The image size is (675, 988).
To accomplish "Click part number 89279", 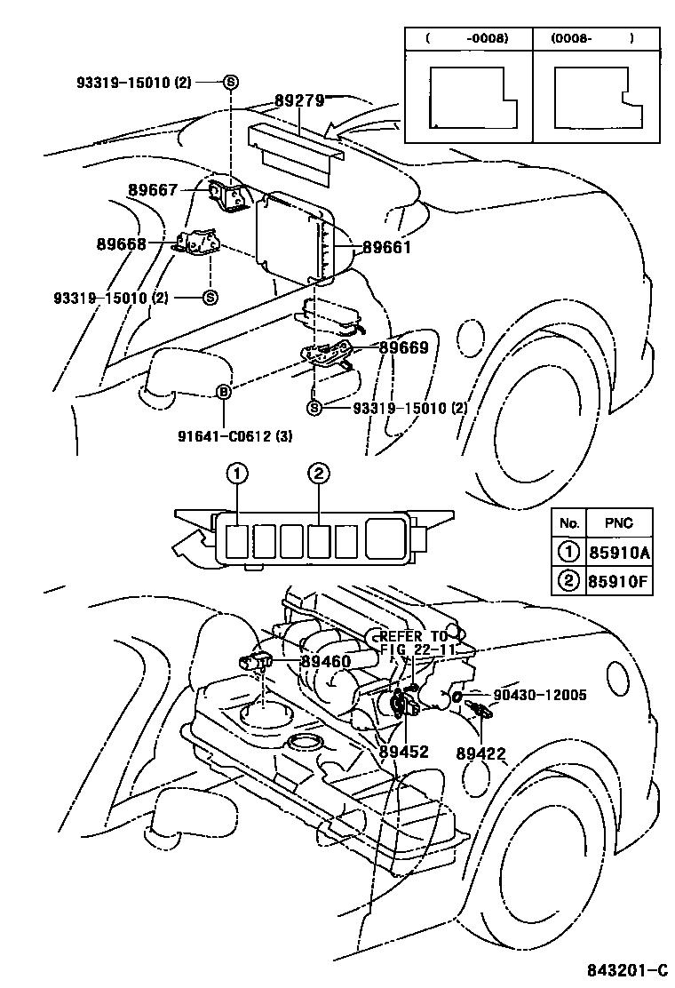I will click(x=298, y=101).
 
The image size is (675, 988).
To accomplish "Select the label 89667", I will click(x=153, y=189).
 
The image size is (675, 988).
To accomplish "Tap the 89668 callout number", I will click(x=121, y=243).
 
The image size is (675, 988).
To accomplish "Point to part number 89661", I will click(x=386, y=248).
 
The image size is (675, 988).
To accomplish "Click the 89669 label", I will click(x=404, y=348).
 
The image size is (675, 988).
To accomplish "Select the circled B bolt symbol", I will click(x=224, y=393).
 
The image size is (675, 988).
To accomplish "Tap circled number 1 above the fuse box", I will click(x=235, y=474).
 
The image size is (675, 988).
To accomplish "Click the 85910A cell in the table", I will click(x=619, y=553).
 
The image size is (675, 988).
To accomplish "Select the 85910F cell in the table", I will click(x=619, y=582).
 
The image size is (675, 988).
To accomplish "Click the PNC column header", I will click(x=619, y=522).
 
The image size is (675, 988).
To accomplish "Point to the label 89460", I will click(x=325, y=661).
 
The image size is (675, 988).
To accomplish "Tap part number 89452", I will click(x=403, y=752).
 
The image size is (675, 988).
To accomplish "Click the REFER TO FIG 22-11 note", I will click(x=416, y=644).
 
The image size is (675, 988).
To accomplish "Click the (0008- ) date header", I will click(x=592, y=39).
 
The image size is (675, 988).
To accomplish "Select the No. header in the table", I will click(x=569, y=522).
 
